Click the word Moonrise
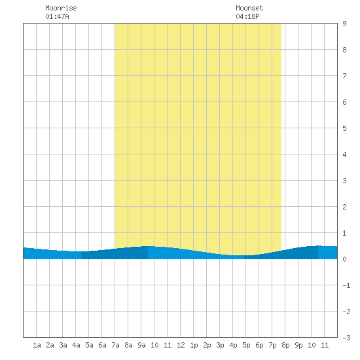click(x=61, y=8)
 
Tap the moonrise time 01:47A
click(x=57, y=16)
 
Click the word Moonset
click(x=249, y=8)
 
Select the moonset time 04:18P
click(x=247, y=16)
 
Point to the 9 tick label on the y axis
click(x=344, y=24)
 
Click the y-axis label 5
click(x=344, y=128)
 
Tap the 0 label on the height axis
click(x=344, y=259)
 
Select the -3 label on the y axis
click(x=346, y=338)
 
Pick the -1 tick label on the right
click(x=346, y=285)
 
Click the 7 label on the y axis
click(x=344, y=76)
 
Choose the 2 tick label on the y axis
click(x=344, y=207)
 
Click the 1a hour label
click(x=37, y=345)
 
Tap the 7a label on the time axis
click(x=115, y=345)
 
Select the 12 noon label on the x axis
click(x=181, y=345)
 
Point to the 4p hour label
click(x=233, y=345)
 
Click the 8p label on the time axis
click(x=285, y=345)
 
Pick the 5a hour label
click(x=89, y=345)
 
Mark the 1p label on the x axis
click(x=194, y=345)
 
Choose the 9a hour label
click(x=141, y=345)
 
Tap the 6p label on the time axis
click(x=259, y=345)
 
